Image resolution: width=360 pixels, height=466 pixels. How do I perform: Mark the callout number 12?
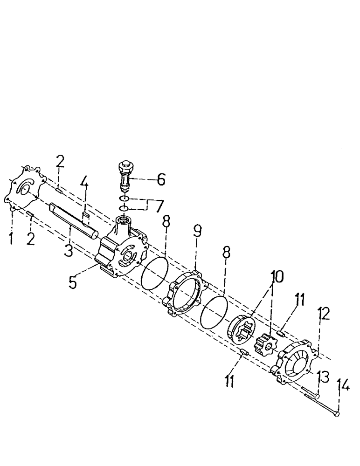pyautogui.click(x=324, y=315)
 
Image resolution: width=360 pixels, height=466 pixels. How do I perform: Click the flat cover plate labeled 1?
pyautogui.click(x=23, y=189)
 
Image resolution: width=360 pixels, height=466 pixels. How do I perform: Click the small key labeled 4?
pyautogui.click(x=85, y=215)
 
